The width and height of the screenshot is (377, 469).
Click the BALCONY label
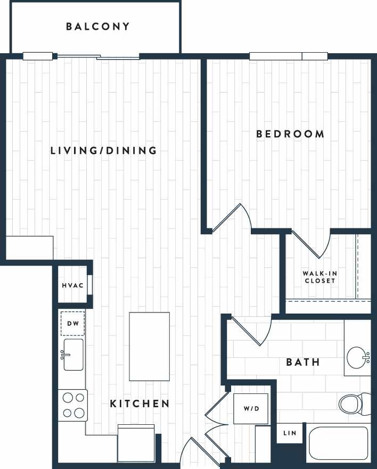(x=98, y=27)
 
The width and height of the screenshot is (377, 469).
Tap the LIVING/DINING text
(x=104, y=151)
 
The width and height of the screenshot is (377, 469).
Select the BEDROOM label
(x=290, y=134)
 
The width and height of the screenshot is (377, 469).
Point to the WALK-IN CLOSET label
(x=319, y=277)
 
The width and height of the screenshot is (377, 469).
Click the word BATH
(x=303, y=363)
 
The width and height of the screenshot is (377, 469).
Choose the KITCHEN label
(x=140, y=404)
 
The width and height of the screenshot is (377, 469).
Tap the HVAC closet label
(x=72, y=285)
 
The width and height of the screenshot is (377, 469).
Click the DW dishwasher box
(x=72, y=323)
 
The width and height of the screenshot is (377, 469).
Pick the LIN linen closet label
(x=290, y=433)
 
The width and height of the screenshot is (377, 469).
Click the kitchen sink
(x=73, y=355)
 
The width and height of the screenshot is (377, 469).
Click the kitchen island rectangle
(x=149, y=346)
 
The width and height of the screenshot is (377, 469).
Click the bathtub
(x=339, y=443)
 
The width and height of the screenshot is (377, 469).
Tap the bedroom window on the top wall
(x=289, y=56)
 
